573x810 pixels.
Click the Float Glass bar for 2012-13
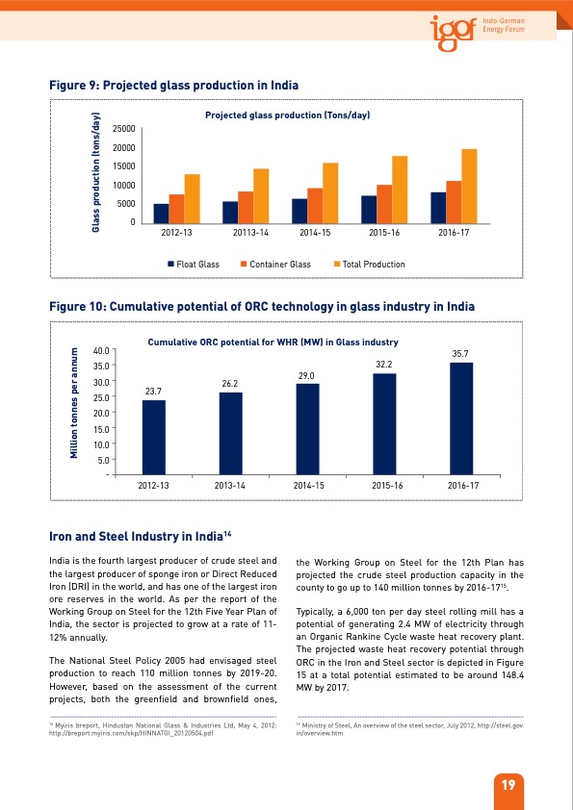click(x=161, y=213)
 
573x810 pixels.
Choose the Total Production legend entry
click(x=369, y=265)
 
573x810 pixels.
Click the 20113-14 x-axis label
click(x=250, y=234)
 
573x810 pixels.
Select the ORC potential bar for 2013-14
click(x=230, y=432)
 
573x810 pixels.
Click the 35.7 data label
click(x=460, y=355)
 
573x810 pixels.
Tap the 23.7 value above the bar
click(x=153, y=392)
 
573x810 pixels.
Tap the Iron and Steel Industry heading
click(x=140, y=538)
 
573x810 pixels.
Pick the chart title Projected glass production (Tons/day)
click(x=287, y=115)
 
